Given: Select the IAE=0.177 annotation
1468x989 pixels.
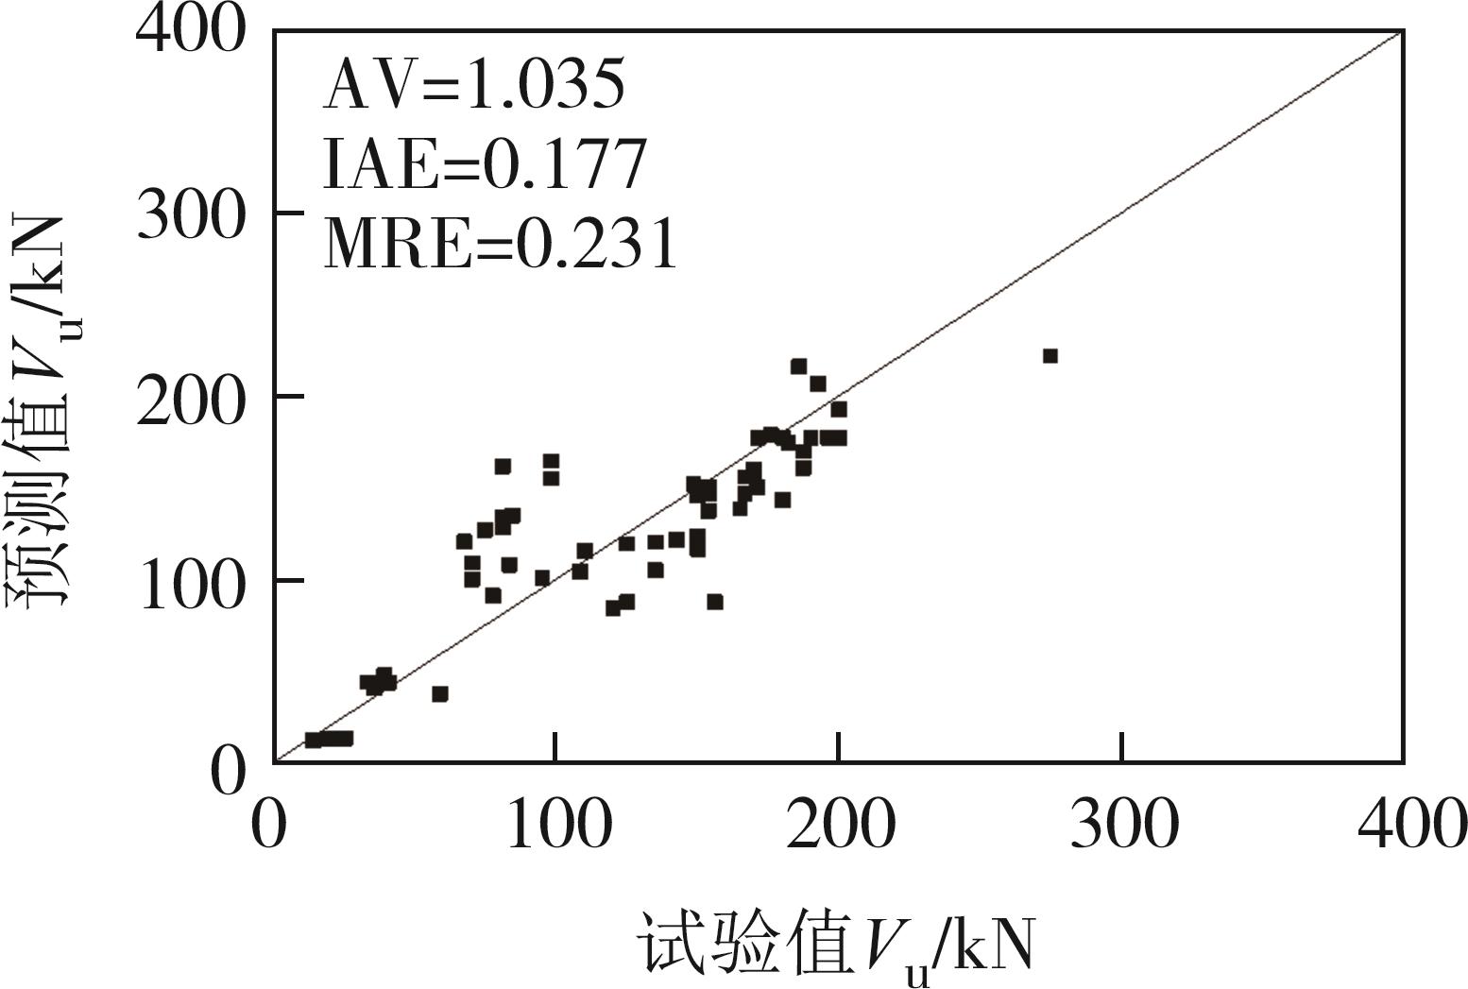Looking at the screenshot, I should tap(485, 164).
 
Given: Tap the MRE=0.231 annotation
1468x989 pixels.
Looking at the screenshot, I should tap(501, 242).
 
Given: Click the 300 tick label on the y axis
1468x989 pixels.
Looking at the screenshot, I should tap(190, 215).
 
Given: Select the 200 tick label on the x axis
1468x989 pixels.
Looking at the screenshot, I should tap(839, 824).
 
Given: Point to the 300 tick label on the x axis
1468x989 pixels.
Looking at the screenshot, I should tap(1122, 824).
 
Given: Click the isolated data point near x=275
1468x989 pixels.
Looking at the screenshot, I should tap(1050, 355).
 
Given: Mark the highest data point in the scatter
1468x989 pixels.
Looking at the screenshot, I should tap(798, 366).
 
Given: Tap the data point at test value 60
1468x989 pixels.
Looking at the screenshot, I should tap(439, 693).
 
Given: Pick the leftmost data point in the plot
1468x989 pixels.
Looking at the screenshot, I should tap(313, 740).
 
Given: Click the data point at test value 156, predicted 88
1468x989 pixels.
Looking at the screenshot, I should tap(714, 602).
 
